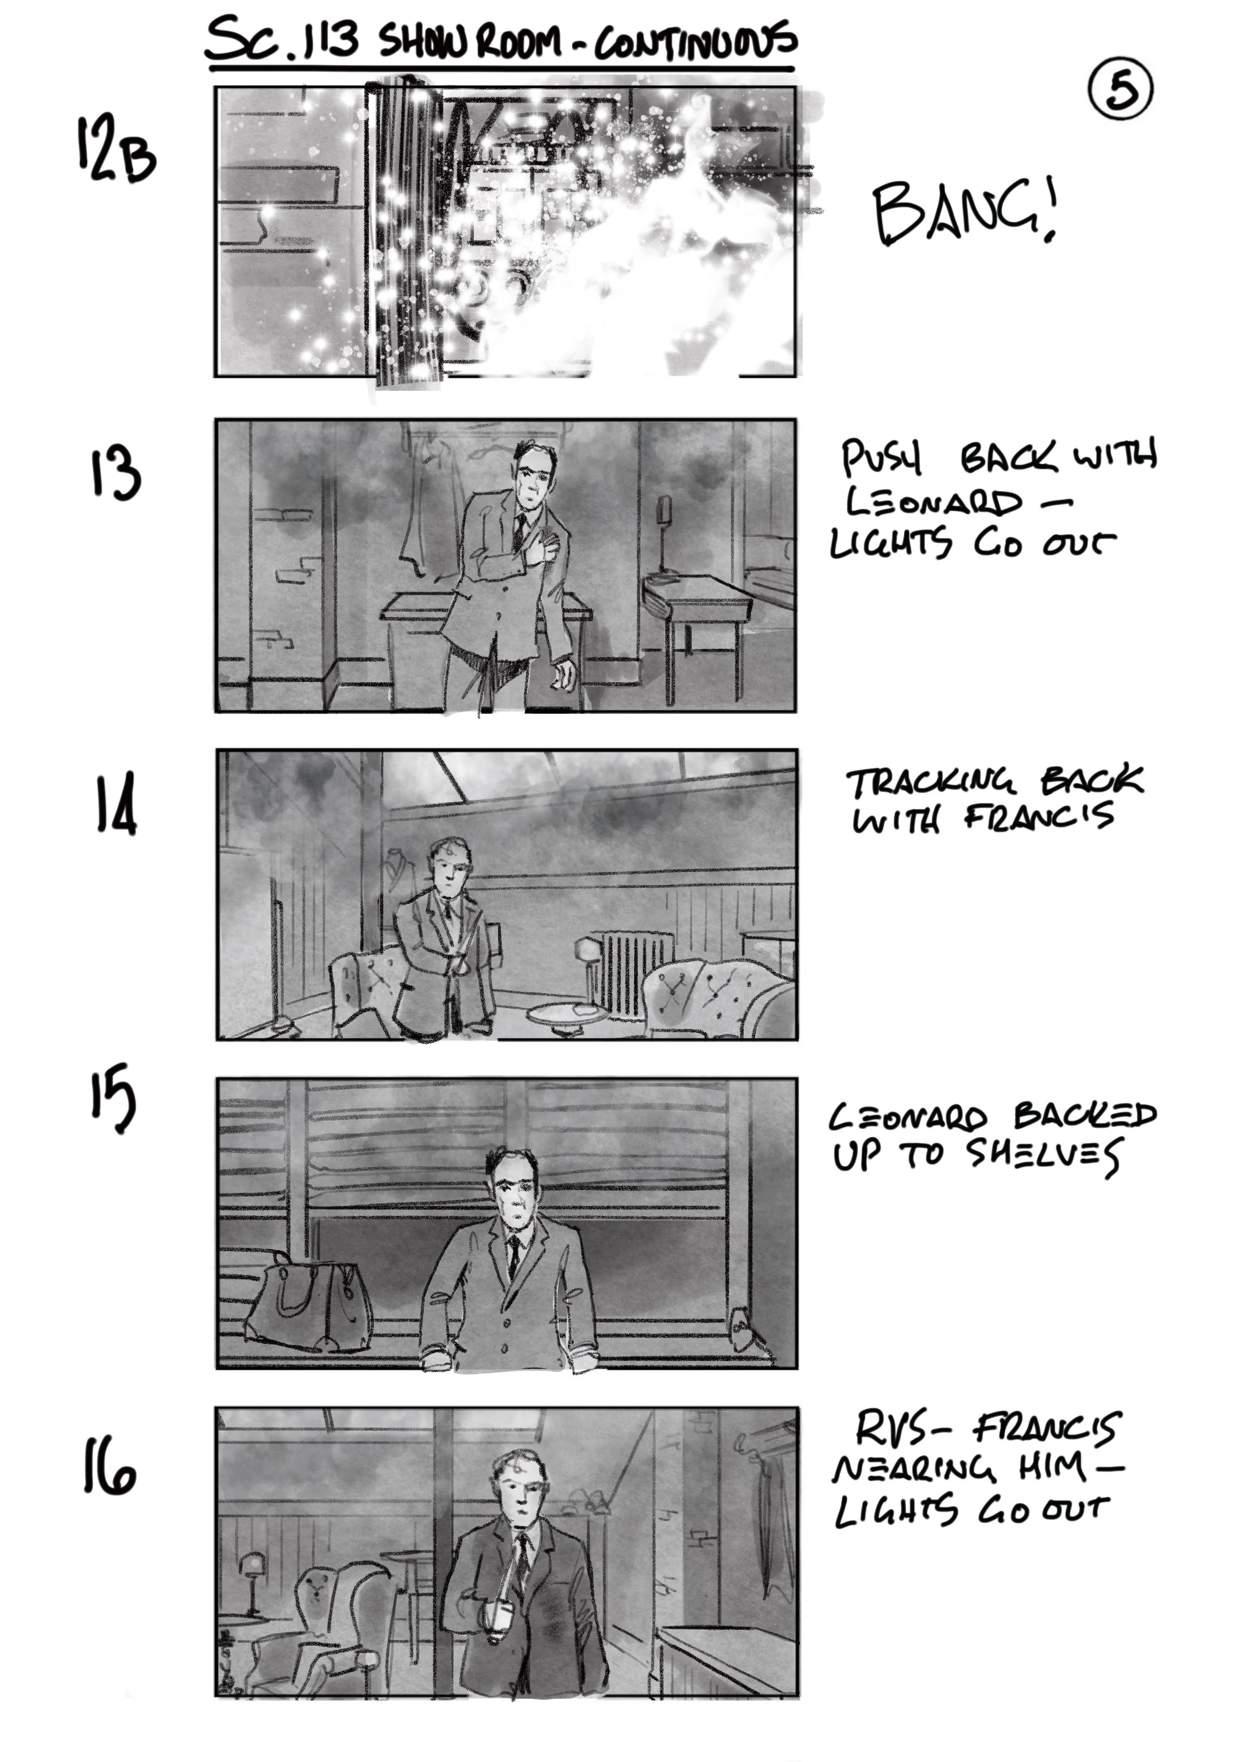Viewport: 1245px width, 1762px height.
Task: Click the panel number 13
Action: (116, 474)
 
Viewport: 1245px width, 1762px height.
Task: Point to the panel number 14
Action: (116, 804)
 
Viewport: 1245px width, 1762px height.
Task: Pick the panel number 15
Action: (113, 1098)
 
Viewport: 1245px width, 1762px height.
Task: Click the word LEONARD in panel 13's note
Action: (934, 503)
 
